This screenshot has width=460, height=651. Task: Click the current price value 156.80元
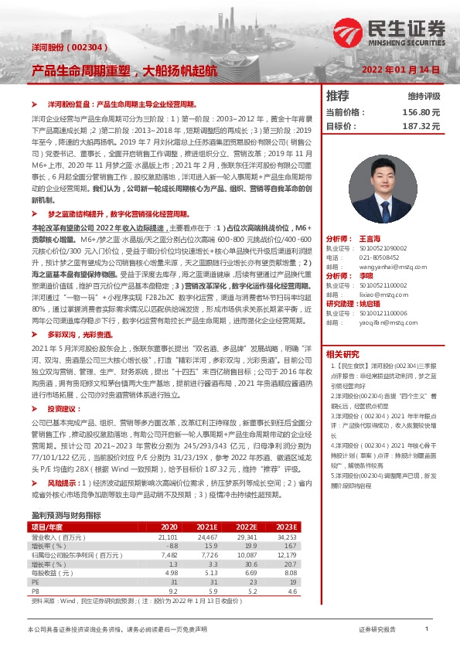pos(421,112)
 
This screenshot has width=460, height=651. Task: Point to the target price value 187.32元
pos(421,125)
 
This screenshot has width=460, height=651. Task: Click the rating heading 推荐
pos(338,97)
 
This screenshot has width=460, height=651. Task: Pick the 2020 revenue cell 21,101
pos(168,535)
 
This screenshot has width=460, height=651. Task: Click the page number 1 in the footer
pos(427,629)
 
